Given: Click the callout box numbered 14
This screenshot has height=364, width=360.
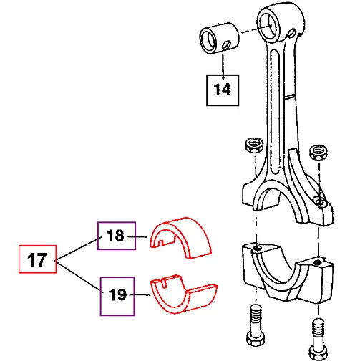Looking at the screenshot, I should pos(223,90).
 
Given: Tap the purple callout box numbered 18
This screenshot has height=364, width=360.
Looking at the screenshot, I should pos(116,235).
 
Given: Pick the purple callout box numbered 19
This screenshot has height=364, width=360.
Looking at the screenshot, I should pos(116,295).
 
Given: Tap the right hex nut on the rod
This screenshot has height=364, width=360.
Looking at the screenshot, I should pos(317,153).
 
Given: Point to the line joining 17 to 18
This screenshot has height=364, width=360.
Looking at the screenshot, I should pos(77,247).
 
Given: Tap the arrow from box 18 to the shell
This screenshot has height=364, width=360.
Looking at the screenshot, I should pos(142,236).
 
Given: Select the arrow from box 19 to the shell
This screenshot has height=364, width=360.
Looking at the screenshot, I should pos(142,295).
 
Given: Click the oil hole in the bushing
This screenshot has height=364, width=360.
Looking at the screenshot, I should pos(227,47).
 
